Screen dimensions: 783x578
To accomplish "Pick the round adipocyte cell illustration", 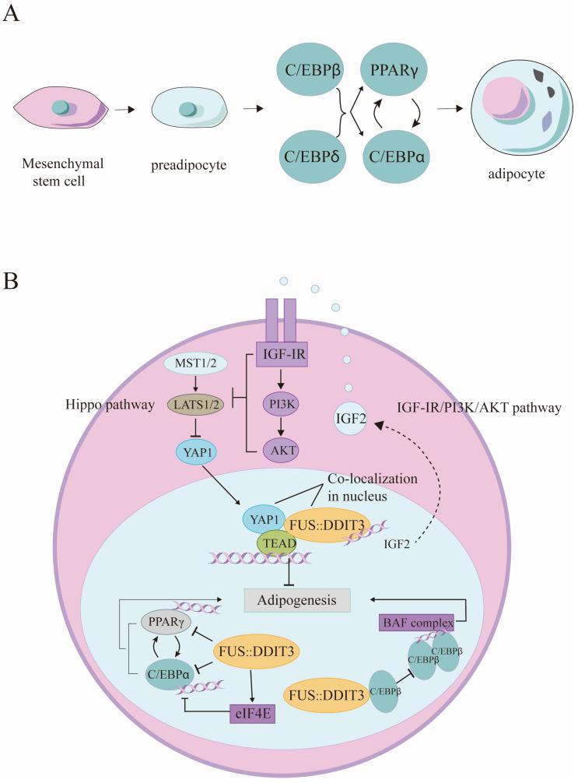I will click(x=526, y=111).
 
